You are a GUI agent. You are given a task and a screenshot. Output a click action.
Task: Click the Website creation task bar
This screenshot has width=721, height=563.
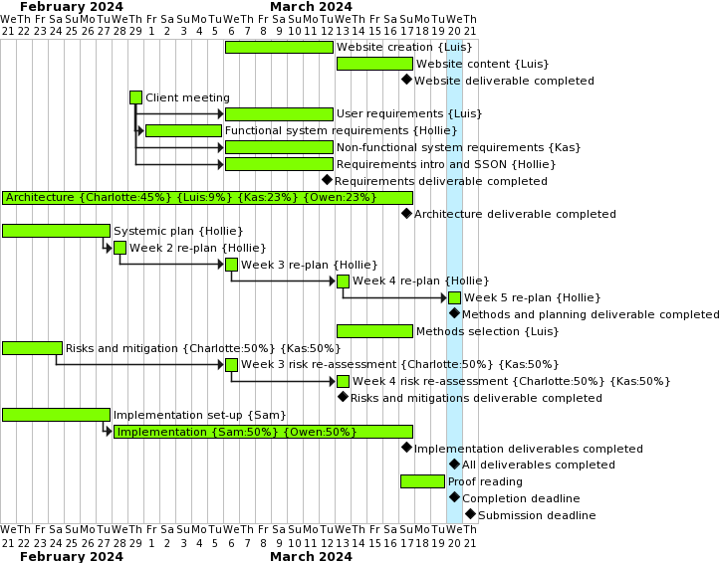(279, 47)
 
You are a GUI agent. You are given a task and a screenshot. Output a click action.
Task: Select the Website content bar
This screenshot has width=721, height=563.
(374, 64)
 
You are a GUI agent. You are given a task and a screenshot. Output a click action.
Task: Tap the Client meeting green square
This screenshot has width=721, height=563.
(135, 97)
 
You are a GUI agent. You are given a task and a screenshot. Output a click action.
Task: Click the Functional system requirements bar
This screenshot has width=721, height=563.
(183, 130)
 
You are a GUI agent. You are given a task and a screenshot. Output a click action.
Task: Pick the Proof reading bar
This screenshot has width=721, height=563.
(422, 481)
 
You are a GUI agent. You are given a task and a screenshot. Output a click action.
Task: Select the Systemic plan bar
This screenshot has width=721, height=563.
(56, 231)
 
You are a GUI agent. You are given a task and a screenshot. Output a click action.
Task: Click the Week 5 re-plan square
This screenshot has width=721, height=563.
(454, 297)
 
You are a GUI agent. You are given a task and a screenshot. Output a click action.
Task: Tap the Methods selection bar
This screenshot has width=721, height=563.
(374, 331)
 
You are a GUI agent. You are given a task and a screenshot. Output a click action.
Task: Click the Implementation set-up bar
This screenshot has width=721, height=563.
(56, 415)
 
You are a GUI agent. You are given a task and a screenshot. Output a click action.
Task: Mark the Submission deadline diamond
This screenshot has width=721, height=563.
(470, 514)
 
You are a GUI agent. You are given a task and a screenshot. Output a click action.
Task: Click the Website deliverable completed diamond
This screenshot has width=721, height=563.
(406, 80)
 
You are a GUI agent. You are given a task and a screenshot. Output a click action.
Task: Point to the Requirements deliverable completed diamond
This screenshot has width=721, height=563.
(327, 180)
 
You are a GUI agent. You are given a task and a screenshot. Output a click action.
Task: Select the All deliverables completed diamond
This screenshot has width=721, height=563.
(454, 464)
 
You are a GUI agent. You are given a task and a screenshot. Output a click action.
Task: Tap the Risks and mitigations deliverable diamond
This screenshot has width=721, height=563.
(343, 397)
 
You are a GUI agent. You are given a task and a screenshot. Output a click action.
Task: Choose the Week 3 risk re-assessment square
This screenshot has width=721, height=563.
(231, 365)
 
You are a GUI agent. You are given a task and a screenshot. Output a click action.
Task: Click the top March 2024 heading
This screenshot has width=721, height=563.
(311, 6)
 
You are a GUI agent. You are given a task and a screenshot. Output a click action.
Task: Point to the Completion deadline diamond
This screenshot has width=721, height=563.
(454, 497)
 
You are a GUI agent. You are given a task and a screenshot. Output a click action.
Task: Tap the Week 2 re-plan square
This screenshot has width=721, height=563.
(120, 248)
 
